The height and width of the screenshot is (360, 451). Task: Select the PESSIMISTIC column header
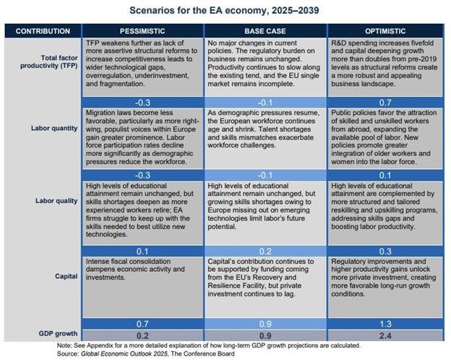coord(143,32)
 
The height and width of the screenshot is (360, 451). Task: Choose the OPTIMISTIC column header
coord(387,32)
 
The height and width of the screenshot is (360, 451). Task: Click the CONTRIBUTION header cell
coord(43,32)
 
